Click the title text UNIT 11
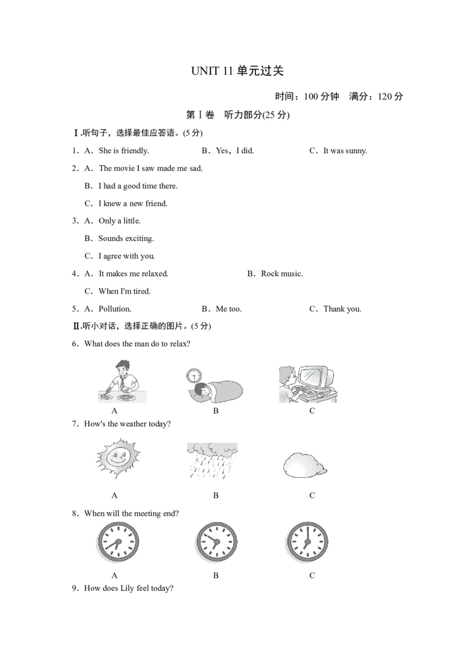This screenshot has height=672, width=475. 211,71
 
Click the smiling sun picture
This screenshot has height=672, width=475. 118,458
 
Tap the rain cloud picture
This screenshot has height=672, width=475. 212,461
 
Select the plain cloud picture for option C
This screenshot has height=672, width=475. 305,465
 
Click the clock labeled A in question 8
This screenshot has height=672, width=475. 118,542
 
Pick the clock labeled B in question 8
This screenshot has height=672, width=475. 216,542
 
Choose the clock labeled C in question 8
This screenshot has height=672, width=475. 307,542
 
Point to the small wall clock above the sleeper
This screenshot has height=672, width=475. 194,375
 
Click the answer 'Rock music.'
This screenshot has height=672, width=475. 281,274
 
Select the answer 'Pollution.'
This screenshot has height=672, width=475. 115,309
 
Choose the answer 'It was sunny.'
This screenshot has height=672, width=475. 345,151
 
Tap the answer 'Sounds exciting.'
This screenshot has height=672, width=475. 126,238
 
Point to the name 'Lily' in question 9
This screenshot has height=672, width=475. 127,588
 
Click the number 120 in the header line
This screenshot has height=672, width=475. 385,96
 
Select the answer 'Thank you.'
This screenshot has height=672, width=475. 342,309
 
